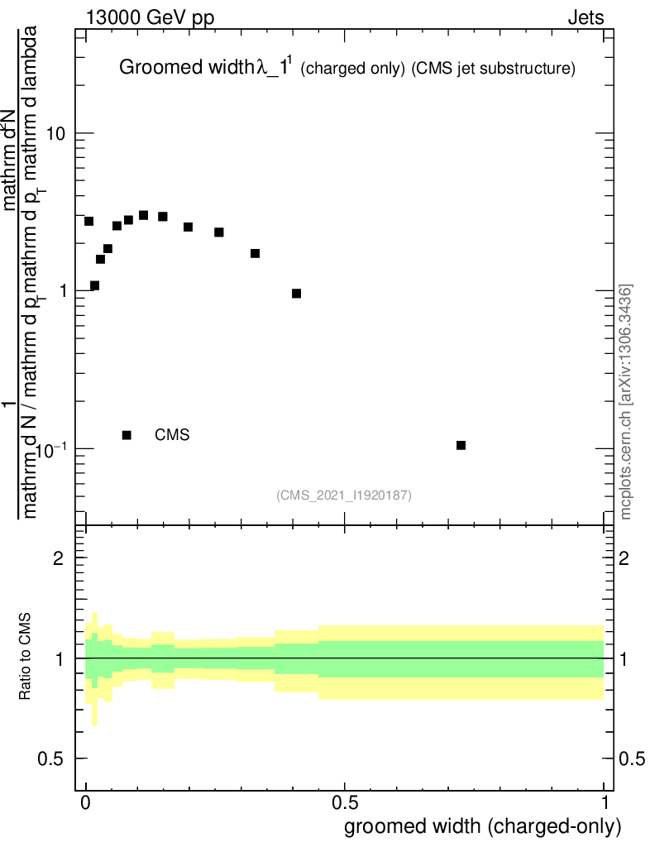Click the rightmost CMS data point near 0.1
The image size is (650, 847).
(461, 445)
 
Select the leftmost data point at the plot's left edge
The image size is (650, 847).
(89, 222)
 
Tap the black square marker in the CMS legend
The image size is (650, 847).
(127, 435)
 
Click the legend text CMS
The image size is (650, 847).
(172, 434)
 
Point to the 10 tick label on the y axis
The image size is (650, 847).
(55, 134)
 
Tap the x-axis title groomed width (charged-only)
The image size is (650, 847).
(482, 826)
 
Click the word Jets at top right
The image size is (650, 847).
(585, 18)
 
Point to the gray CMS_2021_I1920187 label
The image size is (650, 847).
(344, 495)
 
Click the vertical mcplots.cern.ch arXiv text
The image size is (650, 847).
(626, 401)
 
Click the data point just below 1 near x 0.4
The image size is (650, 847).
(296, 294)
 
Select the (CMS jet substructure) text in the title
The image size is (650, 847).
(493, 69)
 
